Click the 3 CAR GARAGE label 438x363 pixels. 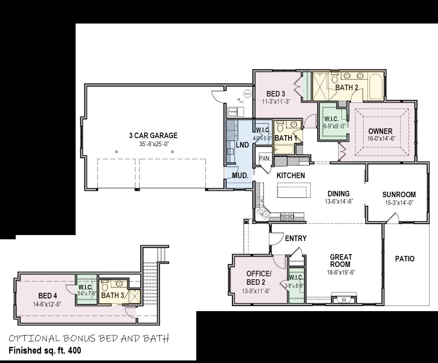click(153, 136)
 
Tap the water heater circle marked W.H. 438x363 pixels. click(247, 94)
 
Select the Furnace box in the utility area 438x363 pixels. click(233, 112)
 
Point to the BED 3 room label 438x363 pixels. click(276, 94)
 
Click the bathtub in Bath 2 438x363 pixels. click(376, 87)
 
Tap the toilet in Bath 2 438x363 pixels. click(334, 78)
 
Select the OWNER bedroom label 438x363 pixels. click(380, 131)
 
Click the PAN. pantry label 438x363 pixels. click(264, 158)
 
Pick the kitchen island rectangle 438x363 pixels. click(294, 190)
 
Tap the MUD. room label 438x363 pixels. click(239, 175)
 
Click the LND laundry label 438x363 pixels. click(242, 145)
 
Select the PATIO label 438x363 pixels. click(404, 258)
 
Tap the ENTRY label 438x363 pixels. click(296, 238)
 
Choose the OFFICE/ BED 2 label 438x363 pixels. click(258, 278)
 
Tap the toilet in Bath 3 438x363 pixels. click(105, 286)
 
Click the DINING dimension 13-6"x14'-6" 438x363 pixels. click(338, 201)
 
